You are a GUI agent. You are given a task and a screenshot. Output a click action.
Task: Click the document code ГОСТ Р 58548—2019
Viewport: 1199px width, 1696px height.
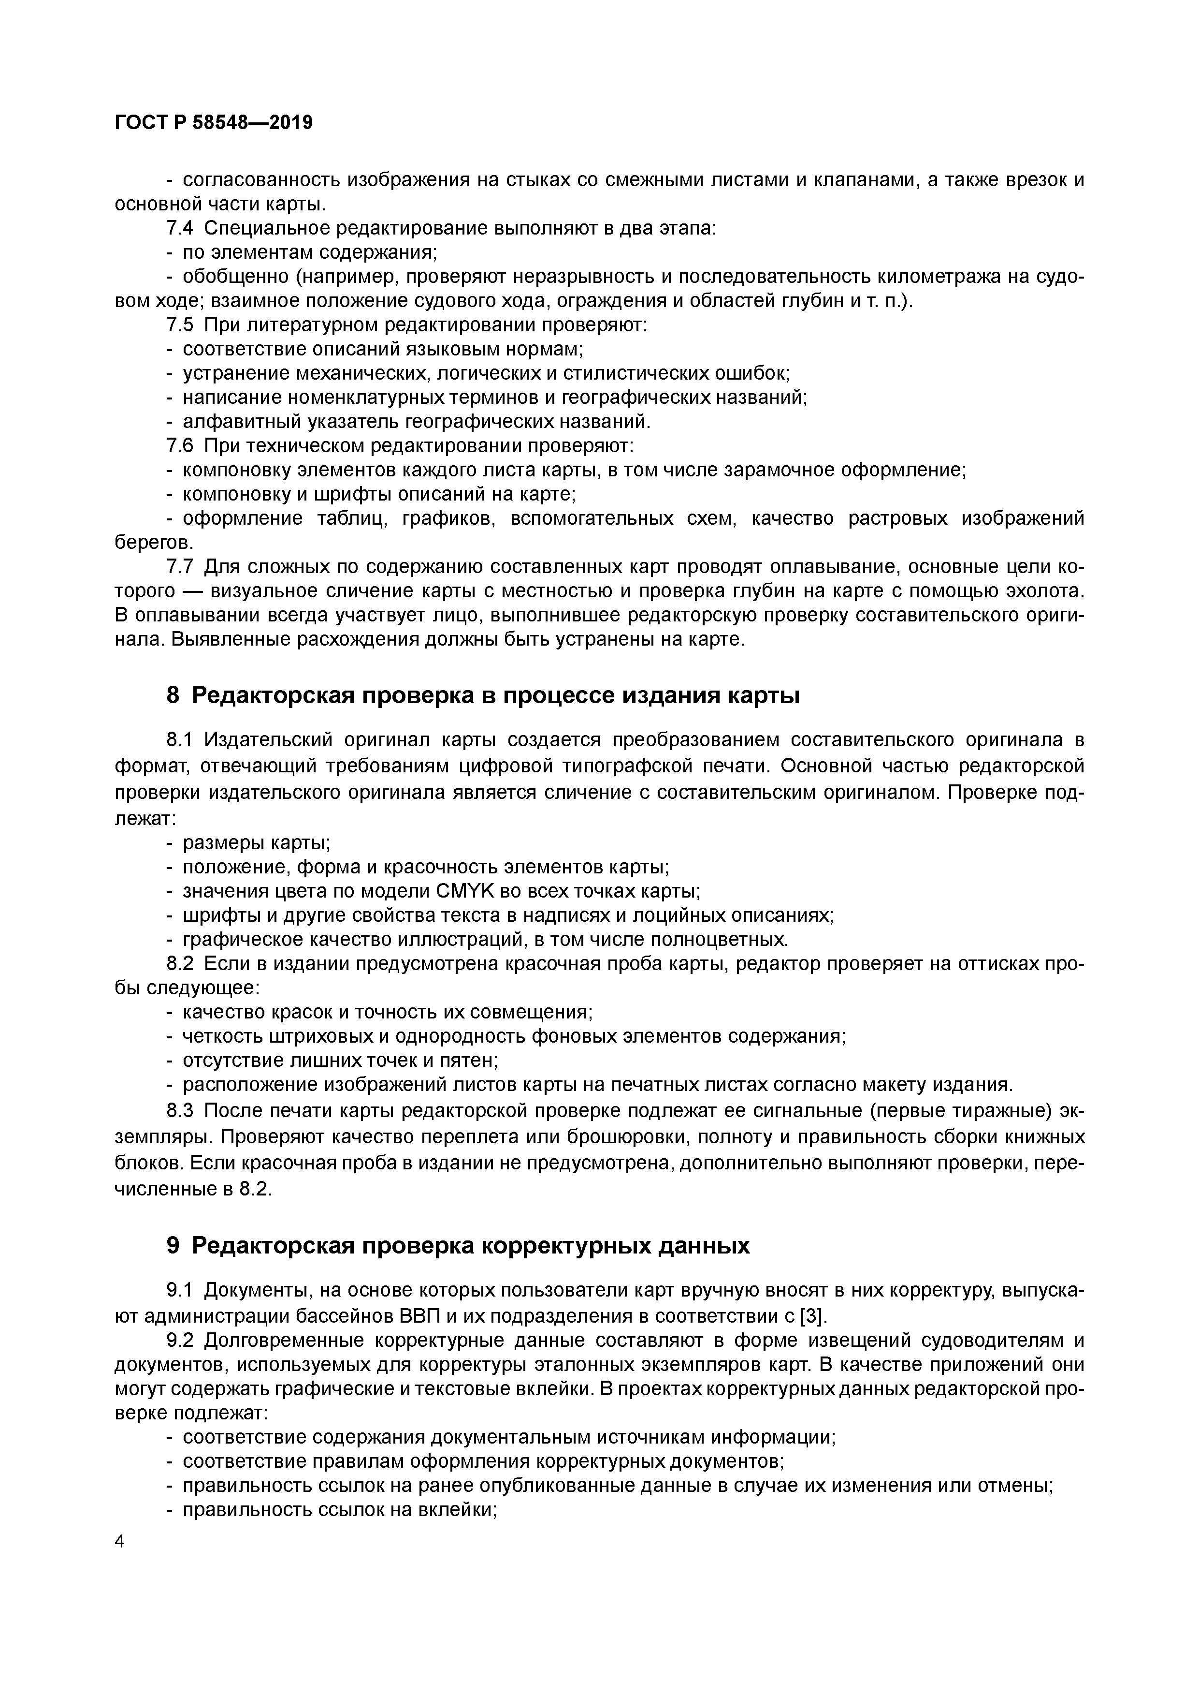coord(214,123)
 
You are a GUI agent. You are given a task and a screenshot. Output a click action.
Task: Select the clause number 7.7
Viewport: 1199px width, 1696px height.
coord(180,567)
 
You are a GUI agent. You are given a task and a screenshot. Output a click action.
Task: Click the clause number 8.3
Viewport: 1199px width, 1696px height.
coord(180,1110)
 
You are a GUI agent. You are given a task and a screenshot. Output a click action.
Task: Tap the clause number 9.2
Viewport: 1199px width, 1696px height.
coord(180,1340)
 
